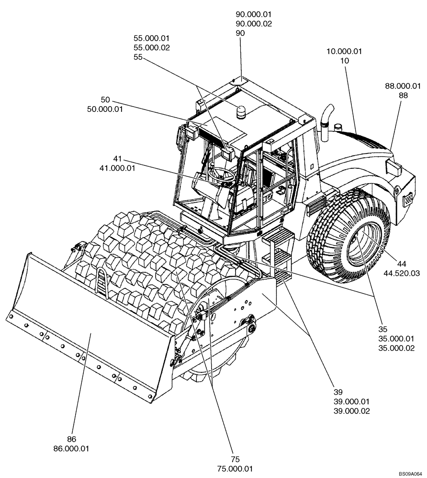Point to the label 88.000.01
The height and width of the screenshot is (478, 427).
tap(403, 86)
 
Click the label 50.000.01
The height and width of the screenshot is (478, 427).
tap(105, 109)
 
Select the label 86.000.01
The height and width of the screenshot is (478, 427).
tap(72, 449)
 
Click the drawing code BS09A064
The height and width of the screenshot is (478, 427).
tap(411, 474)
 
